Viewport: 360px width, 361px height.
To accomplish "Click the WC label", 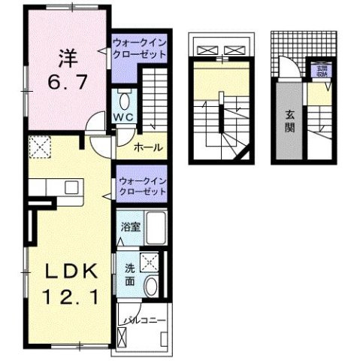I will click(x=124, y=117).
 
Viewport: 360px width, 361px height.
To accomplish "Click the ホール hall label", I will click(x=149, y=147).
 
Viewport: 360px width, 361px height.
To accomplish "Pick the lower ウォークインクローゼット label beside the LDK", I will click(x=141, y=187).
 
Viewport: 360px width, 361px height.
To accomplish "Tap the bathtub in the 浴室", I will click(x=155, y=226).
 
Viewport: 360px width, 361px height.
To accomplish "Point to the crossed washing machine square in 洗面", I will click(x=150, y=262).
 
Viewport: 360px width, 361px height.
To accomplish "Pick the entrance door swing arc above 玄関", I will click(x=286, y=68).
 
